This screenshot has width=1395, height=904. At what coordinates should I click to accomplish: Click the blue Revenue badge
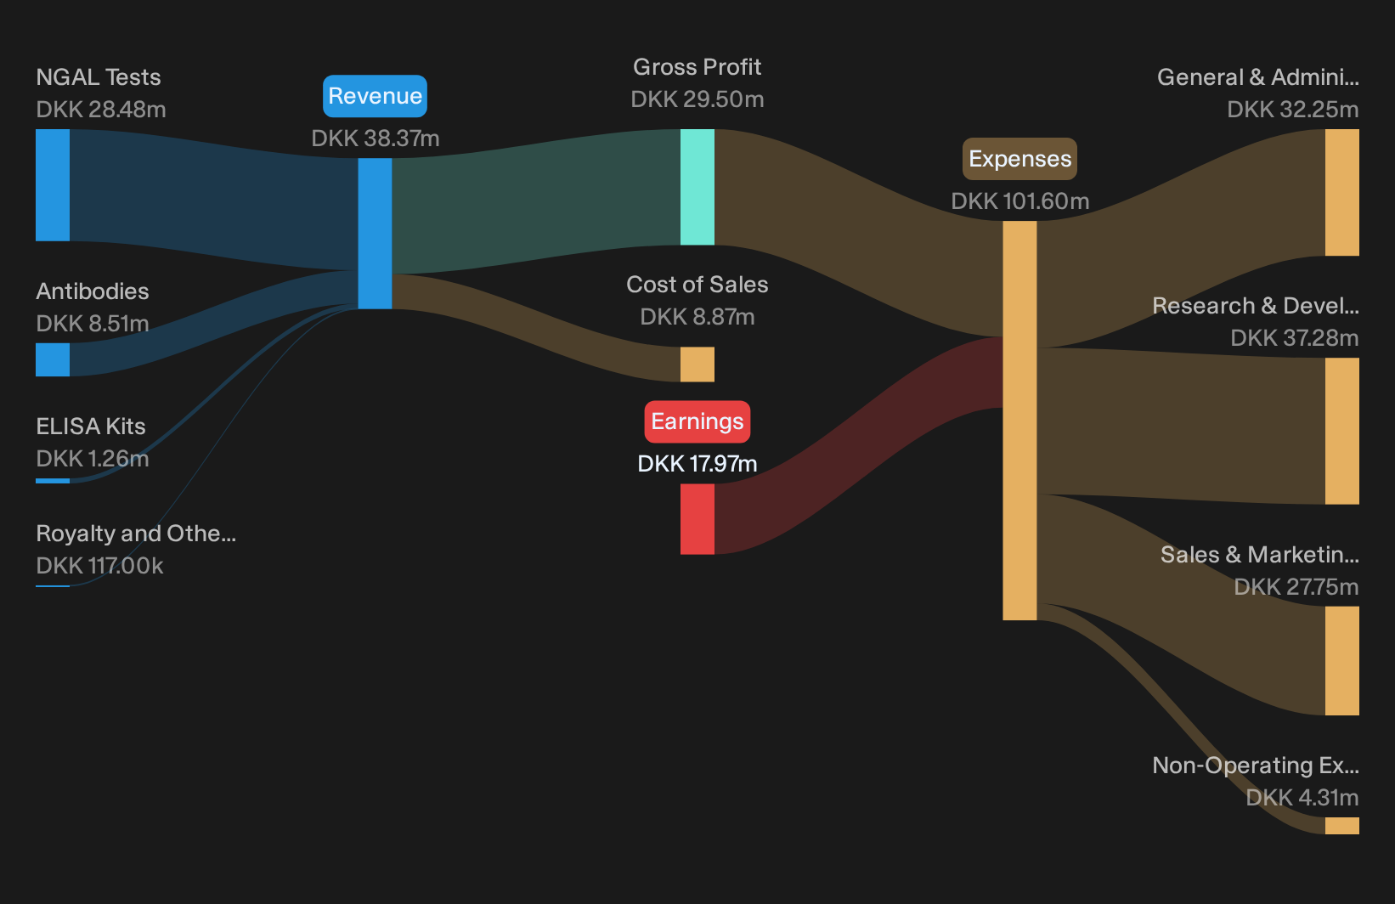click(375, 96)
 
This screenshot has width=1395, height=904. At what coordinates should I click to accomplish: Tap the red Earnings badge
click(697, 421)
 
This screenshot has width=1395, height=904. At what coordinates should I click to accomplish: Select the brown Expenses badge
click(1020, 159)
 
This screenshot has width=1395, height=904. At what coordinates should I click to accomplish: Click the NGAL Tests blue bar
click(53, 185)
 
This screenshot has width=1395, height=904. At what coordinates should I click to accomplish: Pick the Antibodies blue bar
click(53, 359)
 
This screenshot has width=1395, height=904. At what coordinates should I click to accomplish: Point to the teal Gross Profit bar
click(697, 187)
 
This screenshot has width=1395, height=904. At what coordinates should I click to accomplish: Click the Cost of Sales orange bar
click(697, 364)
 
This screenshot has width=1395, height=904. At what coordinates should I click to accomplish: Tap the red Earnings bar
click(697, 519)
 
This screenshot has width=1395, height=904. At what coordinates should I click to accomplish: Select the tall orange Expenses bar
click(1020, 421)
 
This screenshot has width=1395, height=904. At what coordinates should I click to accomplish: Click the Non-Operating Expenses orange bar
click(1342, 826)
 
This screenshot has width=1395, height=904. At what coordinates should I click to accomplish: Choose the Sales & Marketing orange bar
click(1342, 661)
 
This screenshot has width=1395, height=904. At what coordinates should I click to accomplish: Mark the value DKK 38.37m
click(376, 138)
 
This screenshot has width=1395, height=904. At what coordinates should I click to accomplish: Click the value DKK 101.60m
click(1020, 201)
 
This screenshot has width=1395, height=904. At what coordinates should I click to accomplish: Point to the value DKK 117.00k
click(99, 566)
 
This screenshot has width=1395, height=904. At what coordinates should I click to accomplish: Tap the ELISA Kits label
click(91, 427)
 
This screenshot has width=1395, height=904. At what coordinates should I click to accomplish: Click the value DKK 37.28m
click(1295, 337)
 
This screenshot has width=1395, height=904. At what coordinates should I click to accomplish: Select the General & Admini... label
click(1258, 77)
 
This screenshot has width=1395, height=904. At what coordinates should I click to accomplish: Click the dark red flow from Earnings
click(858, 445)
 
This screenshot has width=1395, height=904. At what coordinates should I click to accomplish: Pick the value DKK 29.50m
click(697, 99)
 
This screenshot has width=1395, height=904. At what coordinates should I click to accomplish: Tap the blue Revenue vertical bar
click(375, 234)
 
